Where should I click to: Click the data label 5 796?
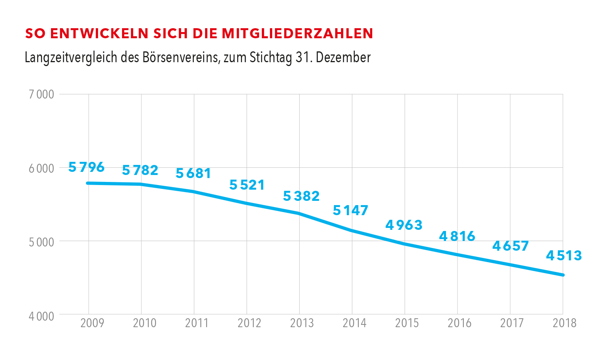86,167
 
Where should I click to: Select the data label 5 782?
140,170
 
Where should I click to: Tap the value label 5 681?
193,174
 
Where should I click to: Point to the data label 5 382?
301,196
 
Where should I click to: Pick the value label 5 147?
351,211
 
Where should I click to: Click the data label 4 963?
404,225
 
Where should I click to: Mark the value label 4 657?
510,246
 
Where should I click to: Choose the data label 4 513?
564,256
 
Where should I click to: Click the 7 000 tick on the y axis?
41,94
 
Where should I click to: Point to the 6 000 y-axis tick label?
41,168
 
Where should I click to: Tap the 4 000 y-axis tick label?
41,316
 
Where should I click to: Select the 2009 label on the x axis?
92,323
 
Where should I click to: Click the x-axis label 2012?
249,323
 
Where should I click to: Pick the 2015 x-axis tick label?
407,323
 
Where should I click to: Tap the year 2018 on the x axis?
564,323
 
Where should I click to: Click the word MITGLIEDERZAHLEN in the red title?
297,34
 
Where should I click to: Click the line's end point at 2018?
563,275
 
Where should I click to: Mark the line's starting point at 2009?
88,183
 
